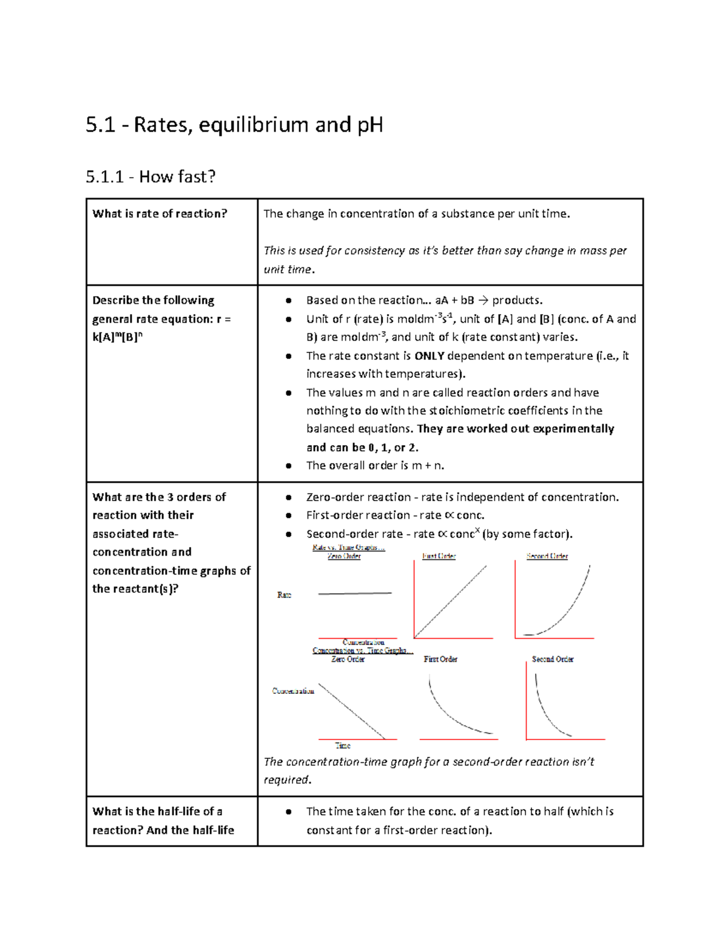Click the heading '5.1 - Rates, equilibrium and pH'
pyautogui.click(x=234, y=125)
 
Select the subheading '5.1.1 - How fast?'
pyautogui.click(x=150, y=177)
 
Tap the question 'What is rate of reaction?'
pyautogui.click(x=160, y=214)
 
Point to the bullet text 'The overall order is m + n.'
pyautogui.click(x=375, y=466)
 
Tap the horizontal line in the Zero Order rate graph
pyautogui.click(x=355, y=593)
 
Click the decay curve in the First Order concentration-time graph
pyautogui.click(x=451, y=713)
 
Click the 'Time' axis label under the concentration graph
pyautogui.click(x=343, y=745)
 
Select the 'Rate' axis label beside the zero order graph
pyautogui.click(x=284, y=595)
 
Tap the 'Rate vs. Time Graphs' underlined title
pyautogui.click(x=348, y=548)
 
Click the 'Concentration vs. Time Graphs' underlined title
pyautogui.click(x=362, y=650)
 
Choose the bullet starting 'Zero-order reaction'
pyautogui.click(x=462, y=497)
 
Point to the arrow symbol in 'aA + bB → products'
pyautogui.click(x=483, y=300)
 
